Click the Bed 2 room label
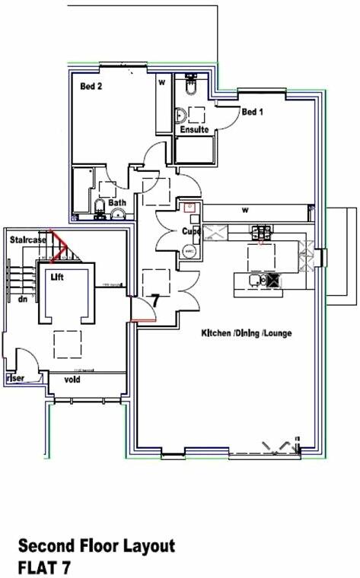click(91, 87)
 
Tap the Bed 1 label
click(252, 112)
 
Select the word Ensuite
click(195, 130)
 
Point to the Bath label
click(117, 203)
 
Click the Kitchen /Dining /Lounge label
click(246, 333)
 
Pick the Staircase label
click(28, 240)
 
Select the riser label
click(14, 377)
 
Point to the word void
click(73, 379)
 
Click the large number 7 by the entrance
click(155, 300)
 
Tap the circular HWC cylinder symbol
click(188, 250)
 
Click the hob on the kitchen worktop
click(263, 233)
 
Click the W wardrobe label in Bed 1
click(245, 209)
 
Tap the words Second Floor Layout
click(97, 545)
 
